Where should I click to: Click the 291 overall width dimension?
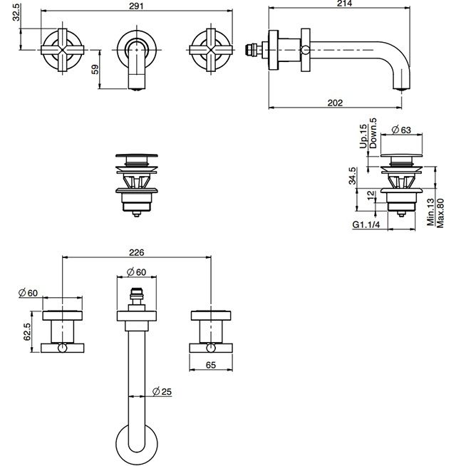pos(136,6)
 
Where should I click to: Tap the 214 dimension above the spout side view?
pos(344,4)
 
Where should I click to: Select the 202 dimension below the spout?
pos(335,103)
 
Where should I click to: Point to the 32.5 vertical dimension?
pos(16,13)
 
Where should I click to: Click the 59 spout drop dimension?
pos(95,70)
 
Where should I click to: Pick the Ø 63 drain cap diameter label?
pos(401,130)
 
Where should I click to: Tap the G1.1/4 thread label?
pos(366,224)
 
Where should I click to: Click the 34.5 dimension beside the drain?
pos(352,176)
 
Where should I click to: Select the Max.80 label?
pos(440,213)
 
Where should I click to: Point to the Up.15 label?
pos(363,136)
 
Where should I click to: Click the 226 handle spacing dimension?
pos(136,252)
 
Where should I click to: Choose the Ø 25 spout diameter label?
pos(162,391)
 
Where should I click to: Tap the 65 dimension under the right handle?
pos(211,365)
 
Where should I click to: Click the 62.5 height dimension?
pos(27,331)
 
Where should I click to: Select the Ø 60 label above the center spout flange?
pos(136,272)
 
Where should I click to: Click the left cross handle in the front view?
pos(63,50)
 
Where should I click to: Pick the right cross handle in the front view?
pos(211,50)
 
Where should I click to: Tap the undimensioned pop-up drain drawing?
pos(137,185)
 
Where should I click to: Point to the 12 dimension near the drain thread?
pos(371,195)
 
